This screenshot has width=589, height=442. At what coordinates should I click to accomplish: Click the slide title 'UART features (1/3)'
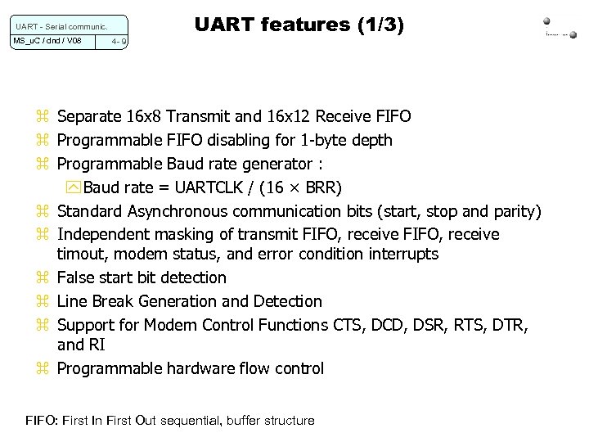point(299,26)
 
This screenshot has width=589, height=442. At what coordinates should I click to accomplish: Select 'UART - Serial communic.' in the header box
point(58,24)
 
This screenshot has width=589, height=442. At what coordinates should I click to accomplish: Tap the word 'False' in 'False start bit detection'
point(78,278)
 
